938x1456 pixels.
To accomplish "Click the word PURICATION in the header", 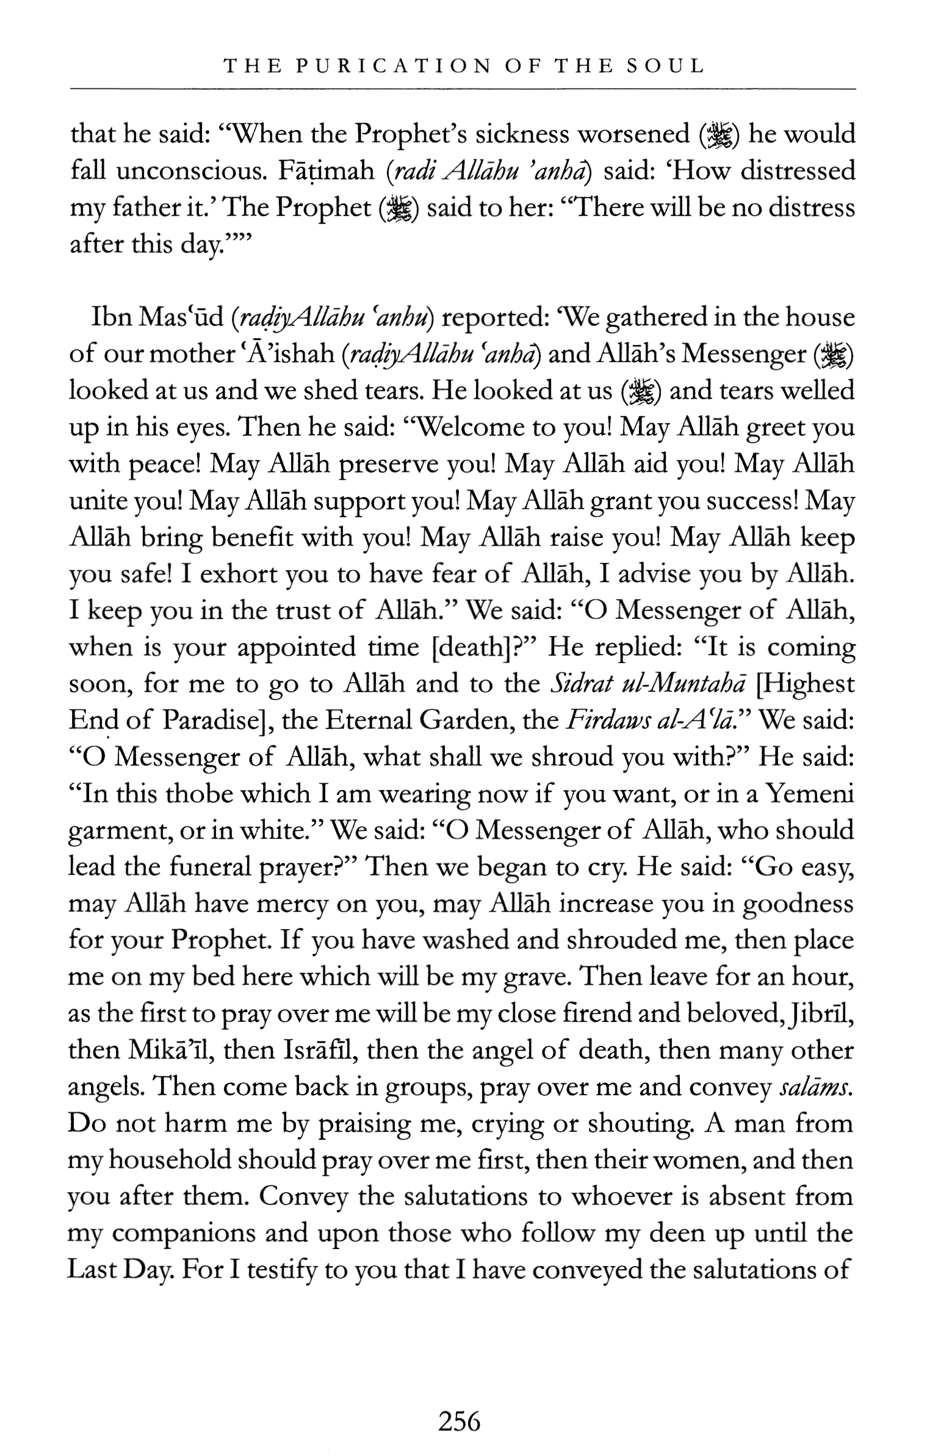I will (393, 66).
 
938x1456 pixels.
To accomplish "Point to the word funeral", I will (201, 867).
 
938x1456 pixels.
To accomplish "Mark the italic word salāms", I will (815, 1087).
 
